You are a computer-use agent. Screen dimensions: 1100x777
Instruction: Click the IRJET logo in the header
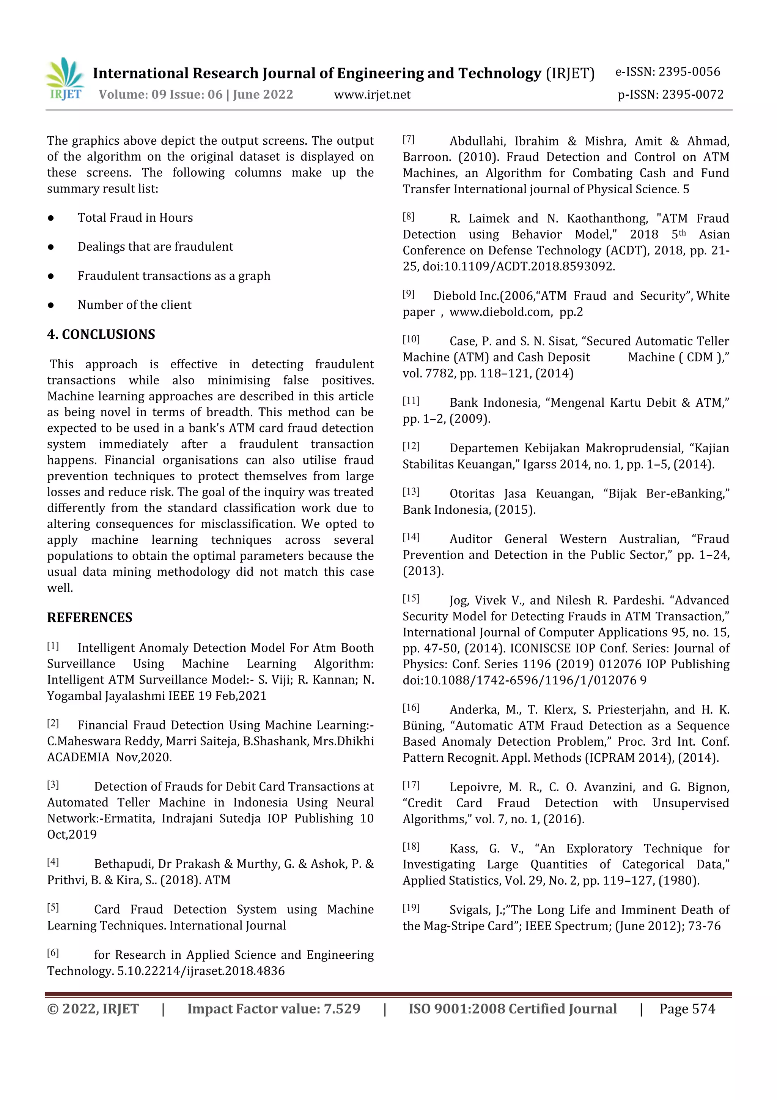[x=65, y=79]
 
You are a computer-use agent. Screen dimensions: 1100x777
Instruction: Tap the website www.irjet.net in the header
[x=372, y=95]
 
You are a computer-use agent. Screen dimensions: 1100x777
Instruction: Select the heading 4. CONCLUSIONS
[x=101, y=335]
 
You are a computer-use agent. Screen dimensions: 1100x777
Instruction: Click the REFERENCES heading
[x=90, y=617]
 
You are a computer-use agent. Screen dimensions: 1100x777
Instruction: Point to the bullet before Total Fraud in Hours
[x=51, y=218]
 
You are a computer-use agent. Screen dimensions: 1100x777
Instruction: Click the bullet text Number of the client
[x=135, y=305]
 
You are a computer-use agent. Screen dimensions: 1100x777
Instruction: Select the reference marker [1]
[x=53, y=646]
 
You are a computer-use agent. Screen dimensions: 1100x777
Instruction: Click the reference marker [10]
[x=411, y=339]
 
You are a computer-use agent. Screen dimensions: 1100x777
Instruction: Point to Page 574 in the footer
[x=687, y=1008]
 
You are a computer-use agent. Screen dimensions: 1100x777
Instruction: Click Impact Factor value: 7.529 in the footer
[x=274, y=1008]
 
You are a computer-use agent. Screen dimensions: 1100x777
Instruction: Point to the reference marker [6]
[x=53, y=953]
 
